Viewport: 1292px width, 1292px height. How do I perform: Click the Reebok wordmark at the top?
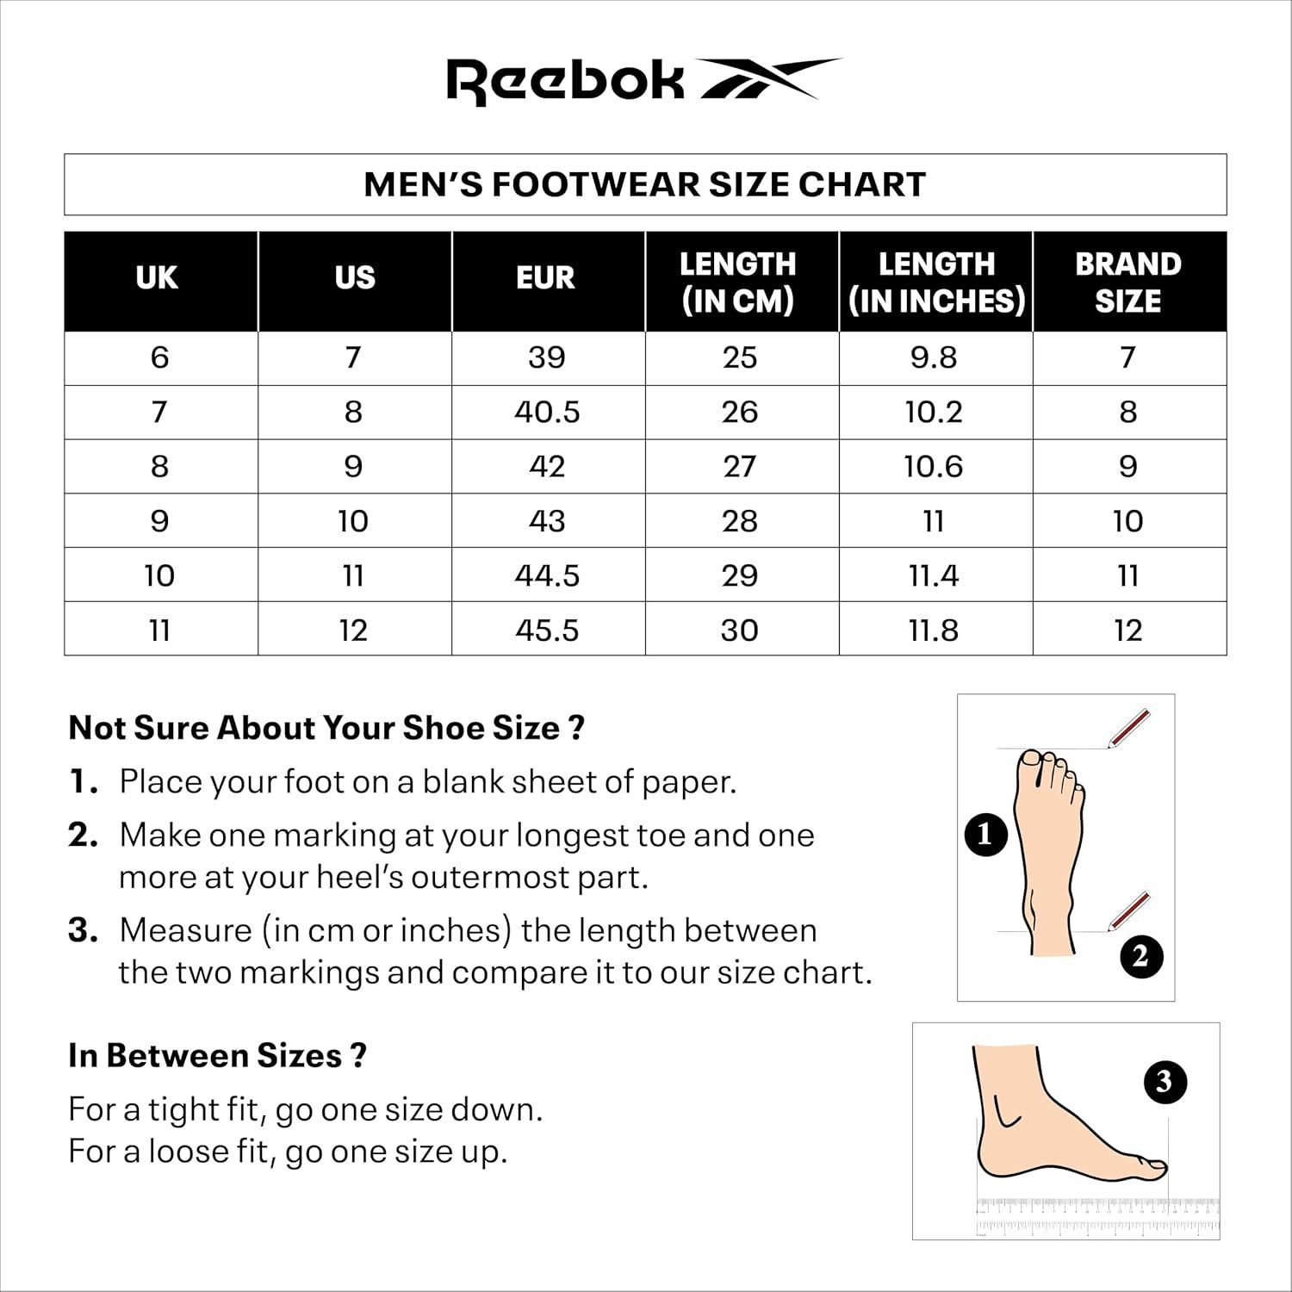coord(564,81)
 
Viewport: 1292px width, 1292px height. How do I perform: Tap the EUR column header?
coord(546,278)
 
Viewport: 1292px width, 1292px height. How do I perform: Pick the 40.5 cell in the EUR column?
coord(547,412)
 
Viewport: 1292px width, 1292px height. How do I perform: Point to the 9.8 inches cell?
coord(934,357)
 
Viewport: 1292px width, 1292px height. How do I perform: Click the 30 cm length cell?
coord(739,630)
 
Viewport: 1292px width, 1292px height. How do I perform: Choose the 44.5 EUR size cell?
coord(547,575)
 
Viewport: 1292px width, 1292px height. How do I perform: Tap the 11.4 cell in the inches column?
coord(934,575)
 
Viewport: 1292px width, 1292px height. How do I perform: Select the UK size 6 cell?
coord(159,357)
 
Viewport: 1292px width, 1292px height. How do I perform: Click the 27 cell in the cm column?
coord(739,466)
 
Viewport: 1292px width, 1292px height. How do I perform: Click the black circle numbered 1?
coord(985,835)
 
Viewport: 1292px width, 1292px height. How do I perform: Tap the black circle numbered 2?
coord(1141,956)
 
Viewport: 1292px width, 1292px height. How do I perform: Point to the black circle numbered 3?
coord(1165,1082)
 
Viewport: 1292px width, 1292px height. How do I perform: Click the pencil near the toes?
coord(1129,728)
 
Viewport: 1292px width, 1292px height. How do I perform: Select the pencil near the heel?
coord(1129,910)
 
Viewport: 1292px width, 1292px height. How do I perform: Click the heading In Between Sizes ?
coord(217,1056)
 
